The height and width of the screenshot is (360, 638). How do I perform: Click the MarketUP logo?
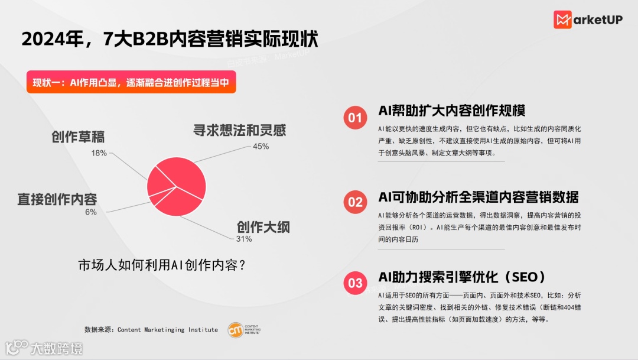click(x=588, y=20)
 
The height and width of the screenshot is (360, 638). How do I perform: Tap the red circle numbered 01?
click(x=355, y=118)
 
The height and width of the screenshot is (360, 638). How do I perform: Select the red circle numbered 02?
click(x=355, y=202)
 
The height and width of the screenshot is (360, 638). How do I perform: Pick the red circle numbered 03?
click(x=355, y=283)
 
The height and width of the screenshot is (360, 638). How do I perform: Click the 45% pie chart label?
click(x=261, y=146)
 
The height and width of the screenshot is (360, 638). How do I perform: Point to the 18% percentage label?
click(x=99, y=153)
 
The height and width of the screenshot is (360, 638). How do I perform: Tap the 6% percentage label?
click(x=90, y=212)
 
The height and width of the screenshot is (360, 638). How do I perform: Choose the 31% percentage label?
click(x=244, y=239)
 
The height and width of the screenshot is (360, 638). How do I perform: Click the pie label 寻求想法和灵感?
click(x=243, y=131)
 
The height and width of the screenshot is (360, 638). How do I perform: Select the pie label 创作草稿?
click(x=78, y=137)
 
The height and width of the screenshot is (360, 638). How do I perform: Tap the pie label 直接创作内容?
click(x=57, y=199)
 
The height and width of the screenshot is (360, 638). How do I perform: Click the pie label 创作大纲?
click(x=263, y=226)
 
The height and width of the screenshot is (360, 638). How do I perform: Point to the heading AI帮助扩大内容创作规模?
click(x=452, y=111)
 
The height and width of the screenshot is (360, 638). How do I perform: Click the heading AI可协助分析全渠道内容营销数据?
click(x=479, y=197)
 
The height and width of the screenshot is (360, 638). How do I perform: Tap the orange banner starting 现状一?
click(x=131, y=83)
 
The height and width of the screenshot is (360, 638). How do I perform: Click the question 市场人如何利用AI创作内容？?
click(x=162, y=265)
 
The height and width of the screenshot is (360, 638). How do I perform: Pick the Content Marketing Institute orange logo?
click(x=235, y=329)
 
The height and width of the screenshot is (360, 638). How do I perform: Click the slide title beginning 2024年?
click(x=170, y=39)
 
